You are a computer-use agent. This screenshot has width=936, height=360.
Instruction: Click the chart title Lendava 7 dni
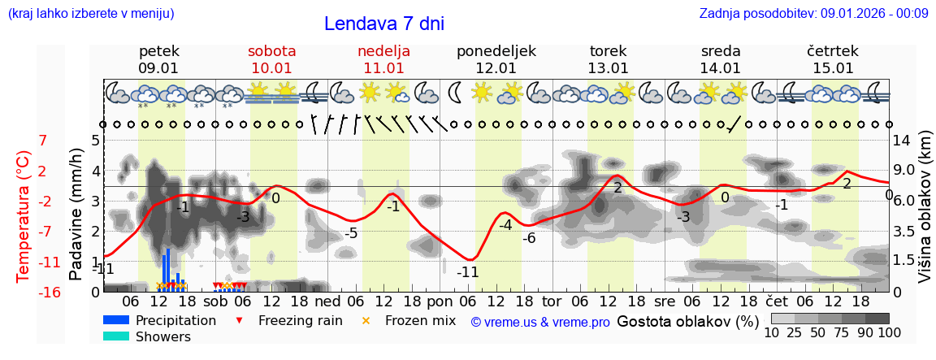coord(383,24)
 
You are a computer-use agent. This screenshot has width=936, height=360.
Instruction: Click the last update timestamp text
coord(813,13)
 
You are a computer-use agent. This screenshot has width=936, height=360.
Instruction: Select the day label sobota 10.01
coord(271,59)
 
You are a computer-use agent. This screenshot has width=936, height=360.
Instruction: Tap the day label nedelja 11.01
coord(383,59)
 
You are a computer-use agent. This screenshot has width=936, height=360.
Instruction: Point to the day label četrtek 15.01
coord(832,59)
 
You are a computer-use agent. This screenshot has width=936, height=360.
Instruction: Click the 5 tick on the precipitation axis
coord(95,140)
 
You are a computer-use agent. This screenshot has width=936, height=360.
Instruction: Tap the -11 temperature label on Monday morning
coord(467,272)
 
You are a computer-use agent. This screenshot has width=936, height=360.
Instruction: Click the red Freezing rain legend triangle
coord(238,320)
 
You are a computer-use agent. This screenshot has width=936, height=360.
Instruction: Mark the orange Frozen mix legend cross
coord(366,320)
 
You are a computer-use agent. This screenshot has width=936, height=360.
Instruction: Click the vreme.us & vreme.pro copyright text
coord(539,322)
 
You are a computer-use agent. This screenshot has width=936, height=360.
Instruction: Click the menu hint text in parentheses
coord(90,13)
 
